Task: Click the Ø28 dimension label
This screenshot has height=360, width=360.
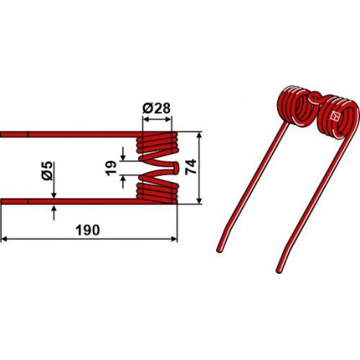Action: pos(156,109)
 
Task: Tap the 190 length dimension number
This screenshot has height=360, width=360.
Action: pos(88,230)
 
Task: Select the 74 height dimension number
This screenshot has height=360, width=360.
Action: pos(191,167)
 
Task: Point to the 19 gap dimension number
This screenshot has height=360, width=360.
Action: pos(111,167)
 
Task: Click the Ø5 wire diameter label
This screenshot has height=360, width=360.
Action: pos(48,170)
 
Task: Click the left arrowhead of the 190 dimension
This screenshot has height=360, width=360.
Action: pos(4,239)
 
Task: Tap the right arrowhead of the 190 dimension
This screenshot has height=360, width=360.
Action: pos(174,239)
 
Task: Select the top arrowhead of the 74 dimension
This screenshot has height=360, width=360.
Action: pos(198,135)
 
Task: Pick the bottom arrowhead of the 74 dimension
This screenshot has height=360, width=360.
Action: pos(198,201)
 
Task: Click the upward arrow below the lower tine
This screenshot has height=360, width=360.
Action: pos(54,213)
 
